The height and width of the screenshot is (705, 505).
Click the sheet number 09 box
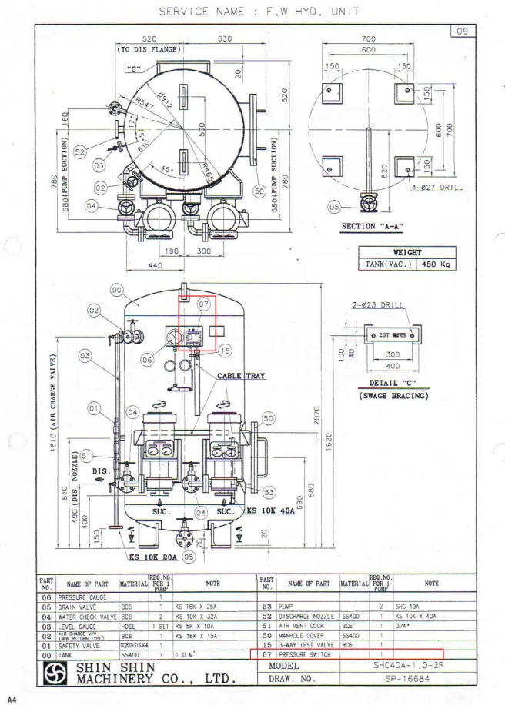coord(463,32)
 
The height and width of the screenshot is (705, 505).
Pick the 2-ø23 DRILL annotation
coord(377,305)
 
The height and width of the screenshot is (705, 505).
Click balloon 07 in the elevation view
coord(204,304)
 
